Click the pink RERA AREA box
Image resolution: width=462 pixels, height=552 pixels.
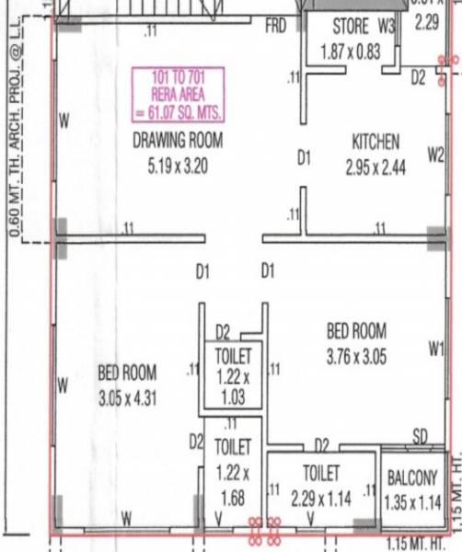(179, 94)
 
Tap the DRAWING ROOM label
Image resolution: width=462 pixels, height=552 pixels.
(179, 141)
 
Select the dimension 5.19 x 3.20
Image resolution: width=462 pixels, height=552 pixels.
(179, 168)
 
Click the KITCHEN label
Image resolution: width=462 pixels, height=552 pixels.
(375, 142)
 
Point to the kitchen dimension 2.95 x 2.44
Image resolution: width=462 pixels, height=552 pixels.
(375, 168)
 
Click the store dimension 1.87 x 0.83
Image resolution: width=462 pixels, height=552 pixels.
(351, 53)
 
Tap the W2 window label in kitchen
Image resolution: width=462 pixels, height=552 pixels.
(435, 155)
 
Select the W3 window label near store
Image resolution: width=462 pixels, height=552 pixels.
(386, 27)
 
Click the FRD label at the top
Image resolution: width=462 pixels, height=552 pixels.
(276, 27)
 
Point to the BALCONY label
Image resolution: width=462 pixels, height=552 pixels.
(412, 479)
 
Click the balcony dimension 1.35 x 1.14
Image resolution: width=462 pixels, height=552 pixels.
(412, 503)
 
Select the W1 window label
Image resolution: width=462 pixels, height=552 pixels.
(436, 348)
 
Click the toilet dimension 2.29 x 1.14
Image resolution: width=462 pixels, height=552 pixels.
(322, 498)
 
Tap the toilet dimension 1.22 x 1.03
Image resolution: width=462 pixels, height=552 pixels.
(232, 386)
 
